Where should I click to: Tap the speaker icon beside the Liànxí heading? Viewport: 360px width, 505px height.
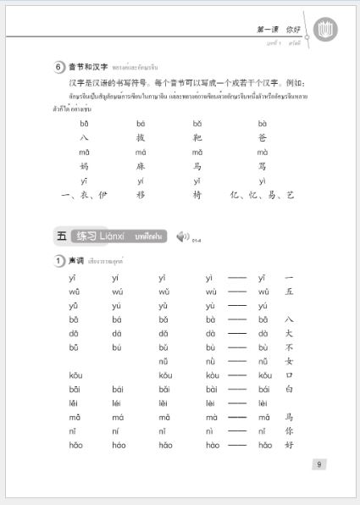[x=182, y=236]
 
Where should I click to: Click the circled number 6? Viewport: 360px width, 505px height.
[x=59, y=67]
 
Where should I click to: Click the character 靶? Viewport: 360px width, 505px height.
[x=197, y=137]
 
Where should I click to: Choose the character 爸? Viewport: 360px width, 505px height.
[x=263, y=137]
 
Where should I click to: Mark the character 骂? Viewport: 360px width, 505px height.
[x=263, y=166]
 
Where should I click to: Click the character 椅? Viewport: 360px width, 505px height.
[x=197, y=195]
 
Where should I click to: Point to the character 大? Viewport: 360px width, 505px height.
[x=289, y=334]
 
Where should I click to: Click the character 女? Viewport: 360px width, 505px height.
[x=289, y=362]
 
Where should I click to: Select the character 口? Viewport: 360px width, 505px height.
[x=289, y=375]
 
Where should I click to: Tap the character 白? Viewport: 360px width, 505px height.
[x=289, y=389]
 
